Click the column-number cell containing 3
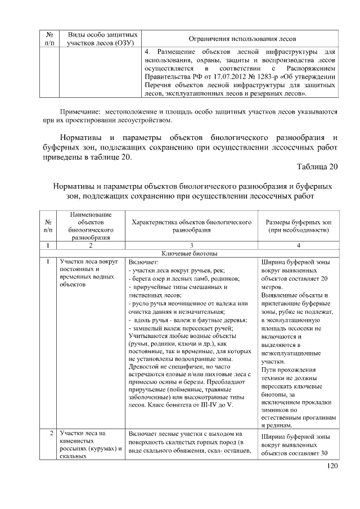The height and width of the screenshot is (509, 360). pyautogui.click(x=191, y=246)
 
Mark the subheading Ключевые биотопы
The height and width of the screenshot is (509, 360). pyautogui.click(x=191, y=254)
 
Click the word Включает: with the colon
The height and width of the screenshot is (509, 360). pyautogui.click(x=144, y=262)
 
